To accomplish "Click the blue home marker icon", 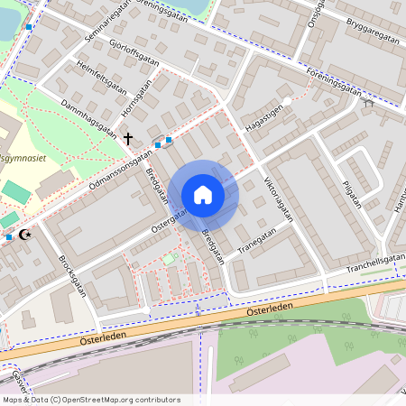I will tap(203, 195).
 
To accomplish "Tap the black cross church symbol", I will tap(128, 139).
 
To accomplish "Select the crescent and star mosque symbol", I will tap(24, 235).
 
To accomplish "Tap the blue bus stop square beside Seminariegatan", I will tap(29, 27).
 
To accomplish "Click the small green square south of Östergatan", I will tap(169, 259).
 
